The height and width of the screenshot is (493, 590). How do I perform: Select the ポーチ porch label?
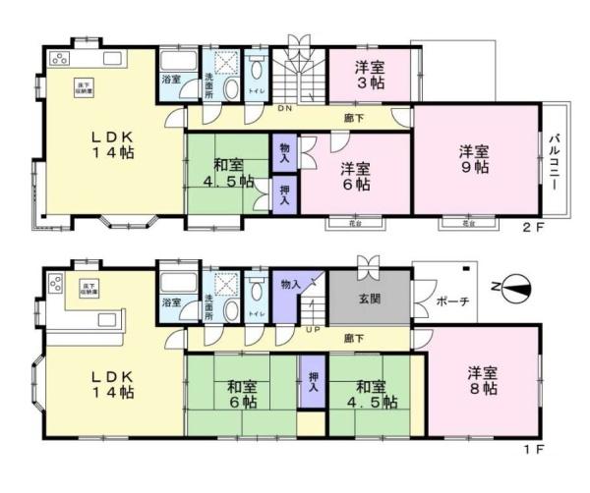(x=453, y=301)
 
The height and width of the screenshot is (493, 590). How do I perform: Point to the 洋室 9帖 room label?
(x=474, y=159)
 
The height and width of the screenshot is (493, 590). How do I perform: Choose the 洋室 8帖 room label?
(x=481, y=381)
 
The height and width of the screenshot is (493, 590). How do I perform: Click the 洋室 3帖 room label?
(x=369, y=76)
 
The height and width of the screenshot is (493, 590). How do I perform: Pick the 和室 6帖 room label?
(x=240, y=394)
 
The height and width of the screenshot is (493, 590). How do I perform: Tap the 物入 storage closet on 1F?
(x=290, y=284)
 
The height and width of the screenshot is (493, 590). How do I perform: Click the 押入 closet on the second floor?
(x=284, y=193)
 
